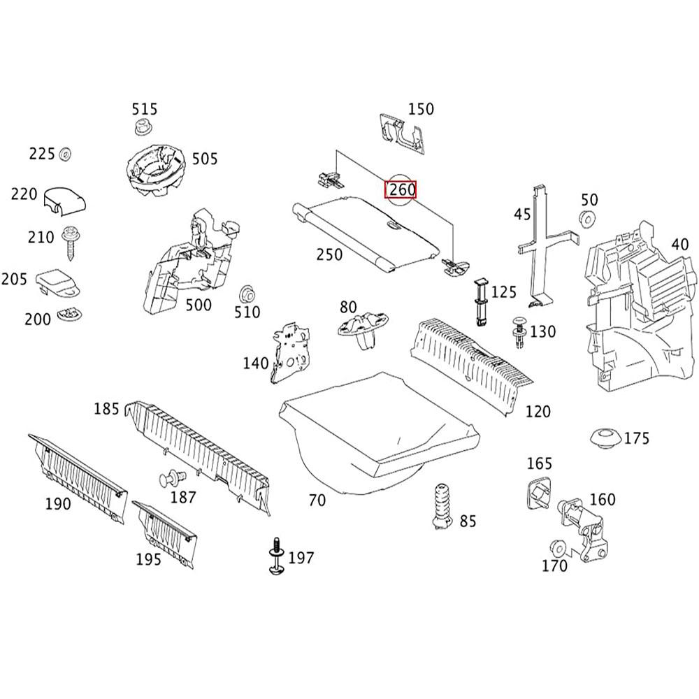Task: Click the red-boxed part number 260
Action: (x=402, y=189)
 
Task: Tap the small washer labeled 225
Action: (x=66, y=153)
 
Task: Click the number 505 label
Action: (x=205, y=159)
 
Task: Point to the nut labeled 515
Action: (x=143, y=129)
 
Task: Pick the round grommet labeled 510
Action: (x=247, y=294)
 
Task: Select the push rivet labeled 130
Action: (x=519, y=331)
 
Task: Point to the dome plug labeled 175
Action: (x=605, y=438)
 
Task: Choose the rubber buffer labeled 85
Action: (x=440, y=505)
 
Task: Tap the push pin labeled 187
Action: (x=171, y=480)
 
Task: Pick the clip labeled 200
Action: (x=69, y=316)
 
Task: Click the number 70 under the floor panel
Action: (x=317, y=500)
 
